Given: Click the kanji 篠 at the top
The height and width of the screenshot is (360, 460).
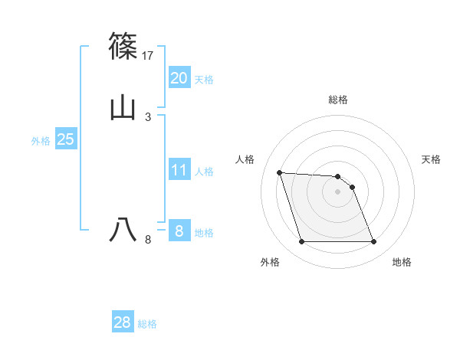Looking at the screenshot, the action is [x=123, y=46].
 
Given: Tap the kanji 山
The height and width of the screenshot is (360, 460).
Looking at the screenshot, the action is [x=123, y=107].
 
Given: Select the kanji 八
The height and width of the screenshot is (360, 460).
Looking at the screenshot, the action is [x=123, y=230].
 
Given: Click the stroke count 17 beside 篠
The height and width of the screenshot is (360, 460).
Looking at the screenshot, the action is [x=149, y=55].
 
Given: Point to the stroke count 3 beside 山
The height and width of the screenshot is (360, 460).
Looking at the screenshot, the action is [x=148, y=116].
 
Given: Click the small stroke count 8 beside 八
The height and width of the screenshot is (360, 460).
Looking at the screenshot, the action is [x=148, y=240].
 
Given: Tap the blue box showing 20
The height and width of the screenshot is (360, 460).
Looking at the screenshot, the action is [x=179, y=78].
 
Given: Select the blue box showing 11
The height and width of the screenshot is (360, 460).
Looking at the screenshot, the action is [x=179, y=170].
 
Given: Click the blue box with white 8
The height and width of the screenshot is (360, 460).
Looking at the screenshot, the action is [x=179, y=231].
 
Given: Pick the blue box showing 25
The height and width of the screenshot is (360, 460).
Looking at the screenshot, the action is [x=65, y=139].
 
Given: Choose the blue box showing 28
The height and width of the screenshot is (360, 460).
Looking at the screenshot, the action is [x=123, y=322].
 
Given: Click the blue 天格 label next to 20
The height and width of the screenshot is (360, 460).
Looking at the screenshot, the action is [x=204, y=79].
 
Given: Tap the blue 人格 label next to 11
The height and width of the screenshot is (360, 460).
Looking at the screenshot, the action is [x=204, y=171].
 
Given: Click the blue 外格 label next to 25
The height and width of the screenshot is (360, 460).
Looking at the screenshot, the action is [x=41, y=140].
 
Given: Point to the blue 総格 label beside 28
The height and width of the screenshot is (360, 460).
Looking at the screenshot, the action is [x=147, y=323].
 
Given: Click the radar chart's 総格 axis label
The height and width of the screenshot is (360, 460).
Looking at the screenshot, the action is [x=338, y=100].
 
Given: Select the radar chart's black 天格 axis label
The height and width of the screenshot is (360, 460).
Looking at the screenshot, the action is [x=432, y=159].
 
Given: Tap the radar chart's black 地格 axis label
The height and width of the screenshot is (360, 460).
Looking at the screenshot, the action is [x=402, y=262].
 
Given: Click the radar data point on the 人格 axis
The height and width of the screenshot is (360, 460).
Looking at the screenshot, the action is [x=280, y=173].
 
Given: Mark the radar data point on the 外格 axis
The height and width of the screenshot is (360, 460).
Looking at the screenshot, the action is [x=301, y=242].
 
